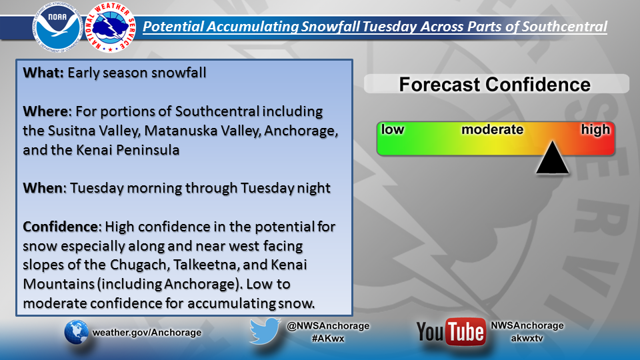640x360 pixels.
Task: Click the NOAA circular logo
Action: (57, 27)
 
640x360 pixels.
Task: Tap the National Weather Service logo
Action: (111, 27)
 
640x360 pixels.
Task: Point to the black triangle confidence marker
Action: (552, 157)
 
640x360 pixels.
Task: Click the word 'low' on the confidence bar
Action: (392, 129)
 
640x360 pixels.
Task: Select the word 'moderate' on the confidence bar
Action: (492, 129)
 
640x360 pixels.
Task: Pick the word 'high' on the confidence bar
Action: (595, 130)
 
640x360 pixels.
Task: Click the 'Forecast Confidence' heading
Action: (495, 85)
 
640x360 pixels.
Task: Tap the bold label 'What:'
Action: (43, 73)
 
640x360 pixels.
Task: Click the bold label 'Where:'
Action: (47, 111)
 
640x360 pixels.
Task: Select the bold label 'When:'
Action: (45, 188)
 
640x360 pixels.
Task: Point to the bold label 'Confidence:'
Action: (62, 227)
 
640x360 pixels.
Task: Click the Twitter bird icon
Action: (265, 331)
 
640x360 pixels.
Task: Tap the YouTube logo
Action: (451, 331)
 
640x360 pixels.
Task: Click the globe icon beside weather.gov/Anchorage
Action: (76, 332)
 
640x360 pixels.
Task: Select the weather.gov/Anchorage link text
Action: (147, 332)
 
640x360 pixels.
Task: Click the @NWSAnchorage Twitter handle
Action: (328, 326)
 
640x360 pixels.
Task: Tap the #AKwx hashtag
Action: (328, 339)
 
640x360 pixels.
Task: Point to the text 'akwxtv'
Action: (527, 338)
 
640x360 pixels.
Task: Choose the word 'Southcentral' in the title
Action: (565, 27)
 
